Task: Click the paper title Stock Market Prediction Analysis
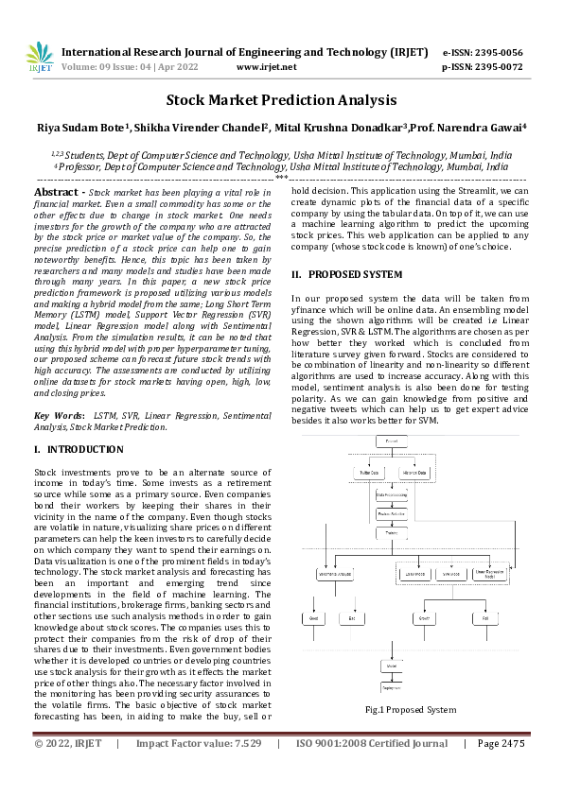click(x=281, y=100)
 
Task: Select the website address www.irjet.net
click(x=266, y=67)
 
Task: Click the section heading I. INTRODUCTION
click(x=77, y=449)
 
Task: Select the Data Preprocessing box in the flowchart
click(x=392, y=493)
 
